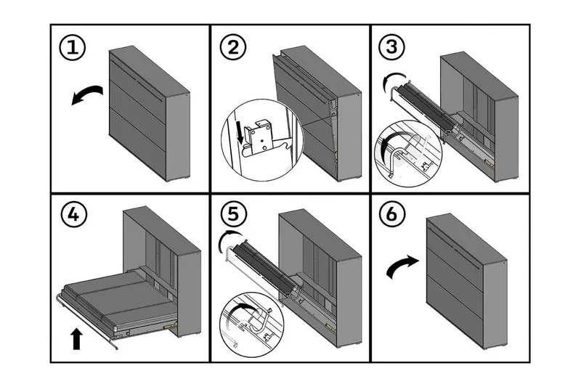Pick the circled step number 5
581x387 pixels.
coord(233,216)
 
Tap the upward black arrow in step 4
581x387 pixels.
coord(76,338)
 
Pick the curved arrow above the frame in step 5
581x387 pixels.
coord(231,240)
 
